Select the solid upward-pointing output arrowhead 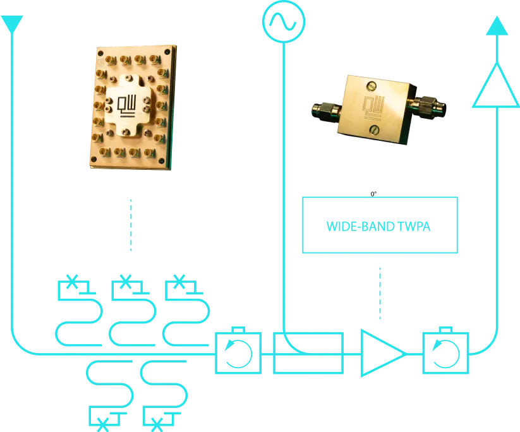point(497,26)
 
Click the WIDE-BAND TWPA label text point(379,225)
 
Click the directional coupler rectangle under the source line point(308,352)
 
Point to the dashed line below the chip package point(131,224)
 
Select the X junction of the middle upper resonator point(126,281)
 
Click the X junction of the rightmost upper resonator point(180,281)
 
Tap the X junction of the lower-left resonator point(100,423)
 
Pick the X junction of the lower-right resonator point(155,423)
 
